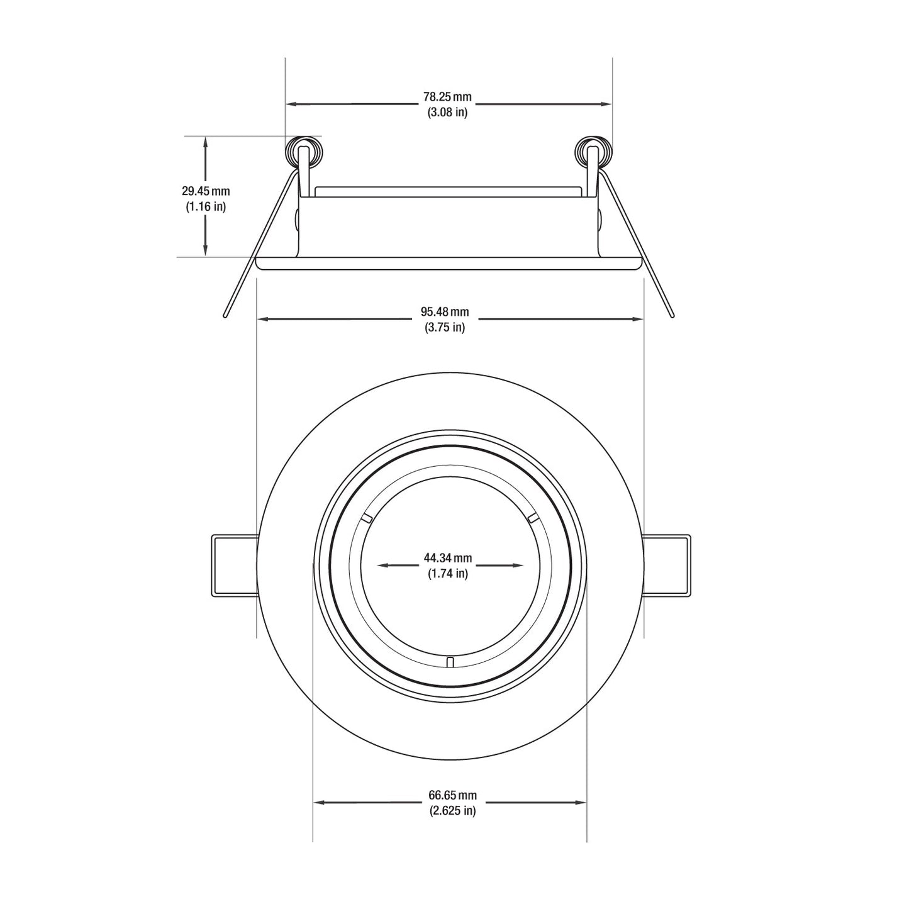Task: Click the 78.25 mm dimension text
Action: coord(447,97)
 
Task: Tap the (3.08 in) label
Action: coord(447,113)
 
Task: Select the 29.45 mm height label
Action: coord(206,191)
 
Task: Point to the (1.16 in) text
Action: coord(206,206)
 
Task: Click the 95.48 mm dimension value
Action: coord(445,312)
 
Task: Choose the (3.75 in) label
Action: coord(445,327)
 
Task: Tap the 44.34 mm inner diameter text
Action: coord(448,558)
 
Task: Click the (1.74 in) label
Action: coord(448,574)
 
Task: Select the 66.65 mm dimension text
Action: coord(452,795)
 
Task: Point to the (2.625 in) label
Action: coord(452,811)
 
